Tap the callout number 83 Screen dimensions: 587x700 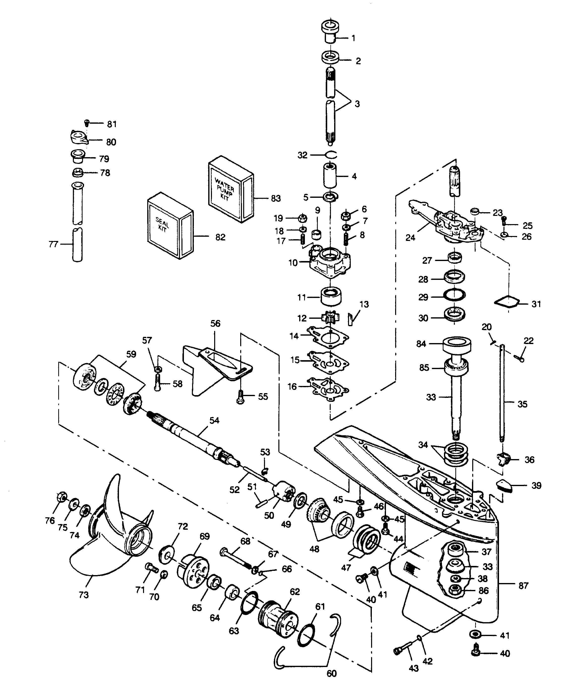pyautogui.click(x=276, y=198)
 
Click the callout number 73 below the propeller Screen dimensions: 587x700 pyautogui.click(x=84, y=594)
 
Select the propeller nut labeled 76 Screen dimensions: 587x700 pyautogui.click(x=61, y=497)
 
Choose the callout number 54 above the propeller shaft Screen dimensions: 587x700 pyautogui.click(x=214, y=420)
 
